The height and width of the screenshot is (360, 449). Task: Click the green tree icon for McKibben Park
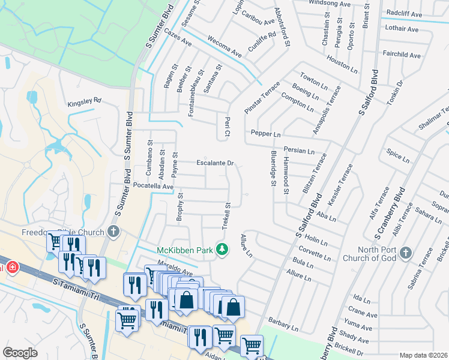[x=222, y=248]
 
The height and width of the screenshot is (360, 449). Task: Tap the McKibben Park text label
[x=185, y=249]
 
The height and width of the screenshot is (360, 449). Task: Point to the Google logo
[x=20, y=353]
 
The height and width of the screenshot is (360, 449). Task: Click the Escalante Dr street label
[x=215, y=163]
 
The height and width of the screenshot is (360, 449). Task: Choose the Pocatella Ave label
[x=153, y=187]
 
